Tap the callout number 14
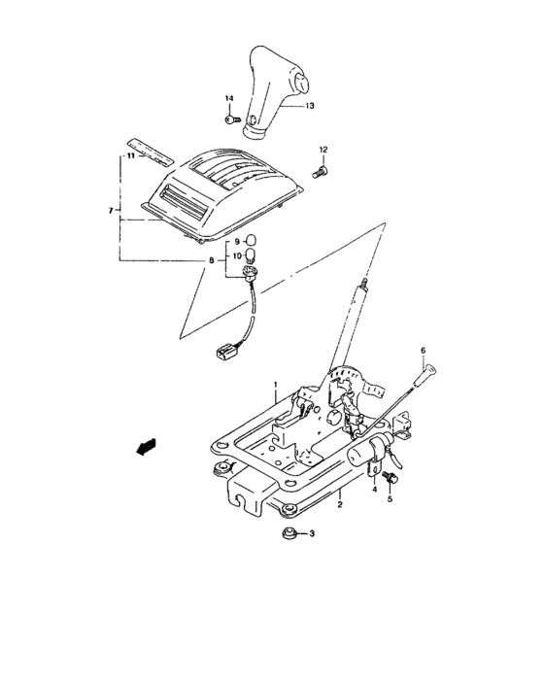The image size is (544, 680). coord(231,100)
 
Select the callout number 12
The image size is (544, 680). coord(324,149)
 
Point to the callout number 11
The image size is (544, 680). coord(126,155)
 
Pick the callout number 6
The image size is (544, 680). coord(423,349)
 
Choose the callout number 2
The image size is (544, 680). coord(340,506)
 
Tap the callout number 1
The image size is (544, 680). coord(275,386)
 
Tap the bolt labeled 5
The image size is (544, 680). coord(391,479)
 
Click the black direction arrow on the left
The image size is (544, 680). coord(147,446)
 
